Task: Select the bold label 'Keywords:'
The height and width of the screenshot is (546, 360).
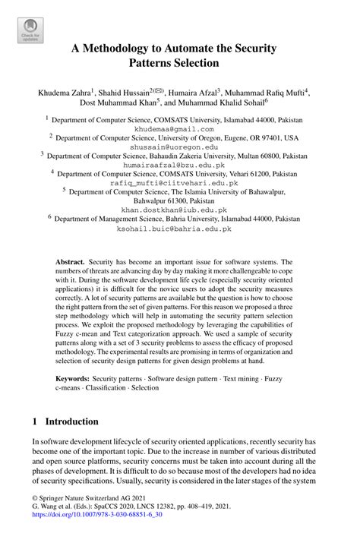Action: tap(74, 377)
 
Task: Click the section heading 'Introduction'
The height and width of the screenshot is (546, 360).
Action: tap(72, 421)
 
